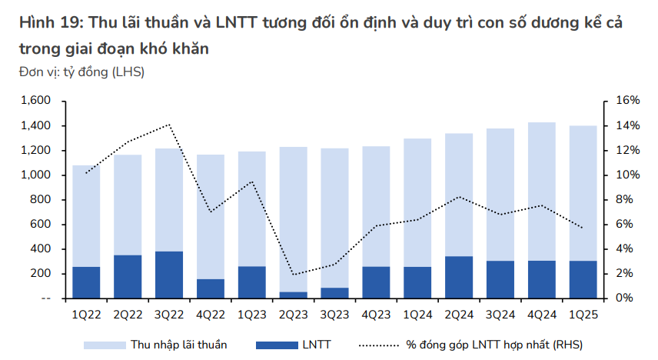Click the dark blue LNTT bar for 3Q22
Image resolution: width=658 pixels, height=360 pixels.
point(169,275)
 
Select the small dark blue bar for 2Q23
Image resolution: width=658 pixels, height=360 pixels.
point(294,295)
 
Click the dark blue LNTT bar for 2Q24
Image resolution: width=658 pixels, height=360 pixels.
point(459,277)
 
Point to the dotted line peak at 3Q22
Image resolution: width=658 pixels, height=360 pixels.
point(169,125)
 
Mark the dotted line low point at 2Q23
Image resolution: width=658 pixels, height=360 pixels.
point(294,274)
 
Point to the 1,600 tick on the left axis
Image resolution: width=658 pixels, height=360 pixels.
point(35,101)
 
